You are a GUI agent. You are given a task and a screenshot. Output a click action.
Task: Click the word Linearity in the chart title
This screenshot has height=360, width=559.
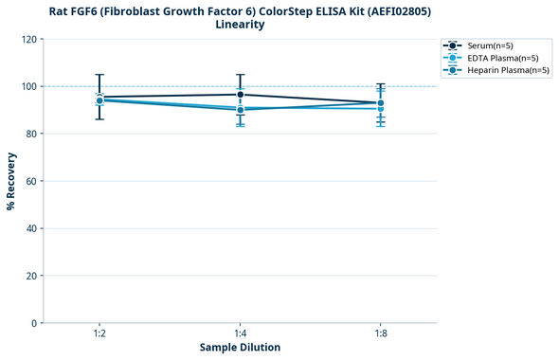click(240, 25)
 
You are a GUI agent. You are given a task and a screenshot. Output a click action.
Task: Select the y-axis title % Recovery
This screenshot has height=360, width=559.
click(11, 181)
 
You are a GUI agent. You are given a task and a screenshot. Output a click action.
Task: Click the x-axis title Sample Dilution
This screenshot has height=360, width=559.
click(240, 348)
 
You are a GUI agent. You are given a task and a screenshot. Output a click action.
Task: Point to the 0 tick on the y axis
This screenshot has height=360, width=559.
click(34, 323)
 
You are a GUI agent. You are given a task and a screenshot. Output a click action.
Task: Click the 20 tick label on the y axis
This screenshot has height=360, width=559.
click(31, 276)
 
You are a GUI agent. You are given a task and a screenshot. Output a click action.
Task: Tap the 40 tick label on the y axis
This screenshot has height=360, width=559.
click(31, 228)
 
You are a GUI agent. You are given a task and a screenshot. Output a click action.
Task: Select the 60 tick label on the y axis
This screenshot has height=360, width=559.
click(31, 181)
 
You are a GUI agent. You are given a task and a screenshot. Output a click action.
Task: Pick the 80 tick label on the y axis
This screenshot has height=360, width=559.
click(31, 134)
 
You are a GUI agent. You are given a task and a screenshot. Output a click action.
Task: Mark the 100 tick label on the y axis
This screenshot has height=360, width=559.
click(28, 86)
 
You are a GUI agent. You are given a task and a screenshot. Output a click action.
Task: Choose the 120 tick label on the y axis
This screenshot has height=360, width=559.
click(28, 39)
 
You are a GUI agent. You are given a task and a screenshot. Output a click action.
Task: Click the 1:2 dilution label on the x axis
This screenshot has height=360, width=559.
click(99, 333)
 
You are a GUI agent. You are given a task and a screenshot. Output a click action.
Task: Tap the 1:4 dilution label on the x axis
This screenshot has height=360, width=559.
click(240, 333)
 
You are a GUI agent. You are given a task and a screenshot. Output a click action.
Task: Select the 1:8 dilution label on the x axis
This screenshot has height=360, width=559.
click(380, 333)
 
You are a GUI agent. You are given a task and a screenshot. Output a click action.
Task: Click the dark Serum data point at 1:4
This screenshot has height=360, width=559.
click(240, 95)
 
